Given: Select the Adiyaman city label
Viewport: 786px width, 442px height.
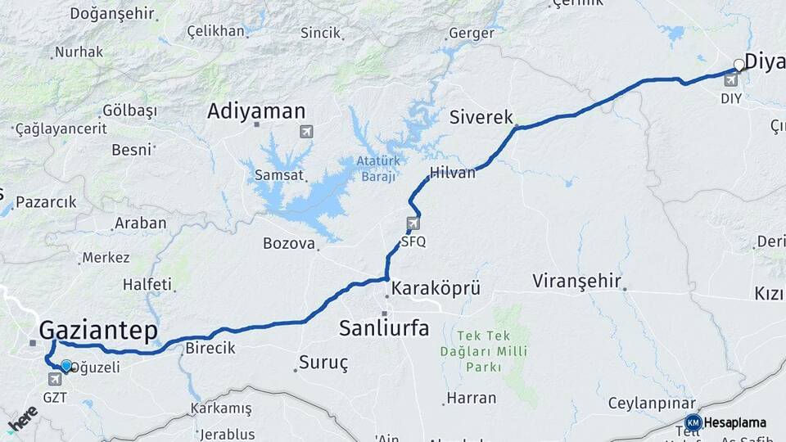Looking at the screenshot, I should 256,112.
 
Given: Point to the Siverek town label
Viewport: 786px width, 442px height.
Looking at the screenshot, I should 481,118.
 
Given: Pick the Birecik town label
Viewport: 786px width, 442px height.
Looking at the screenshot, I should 210,348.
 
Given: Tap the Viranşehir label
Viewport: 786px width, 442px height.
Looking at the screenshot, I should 576,282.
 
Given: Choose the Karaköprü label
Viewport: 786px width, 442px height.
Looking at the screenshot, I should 435,289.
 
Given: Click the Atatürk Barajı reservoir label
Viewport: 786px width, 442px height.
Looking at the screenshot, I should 376,169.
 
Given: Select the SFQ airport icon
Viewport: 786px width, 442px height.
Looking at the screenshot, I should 413,223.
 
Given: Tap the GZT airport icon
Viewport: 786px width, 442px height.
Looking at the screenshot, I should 56,379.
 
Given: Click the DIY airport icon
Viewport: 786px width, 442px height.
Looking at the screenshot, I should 731,80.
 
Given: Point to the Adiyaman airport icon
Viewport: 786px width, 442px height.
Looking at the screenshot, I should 306,131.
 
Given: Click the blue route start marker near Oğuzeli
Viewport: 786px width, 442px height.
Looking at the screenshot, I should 66,366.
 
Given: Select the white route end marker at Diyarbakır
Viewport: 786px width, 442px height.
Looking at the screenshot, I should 739,65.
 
